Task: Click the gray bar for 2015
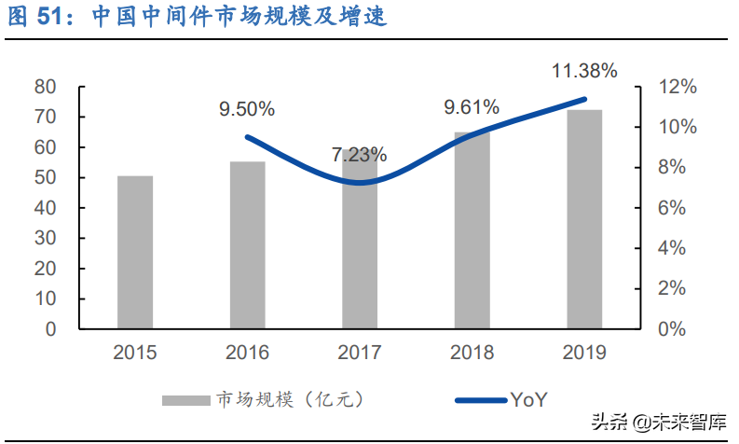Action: click(135, 252)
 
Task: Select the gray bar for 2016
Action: click(247, 244)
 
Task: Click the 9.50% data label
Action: click(247, 109)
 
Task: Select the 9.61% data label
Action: click(472, 107)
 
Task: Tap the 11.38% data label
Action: click(584, 70)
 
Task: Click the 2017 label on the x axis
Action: click(360, 353)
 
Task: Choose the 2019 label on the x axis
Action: click(584, 353)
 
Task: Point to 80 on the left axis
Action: click(47, 87)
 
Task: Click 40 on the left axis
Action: click(47, 208)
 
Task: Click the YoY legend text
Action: click(528, 400)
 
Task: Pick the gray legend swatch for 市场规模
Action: click(186, 400)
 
